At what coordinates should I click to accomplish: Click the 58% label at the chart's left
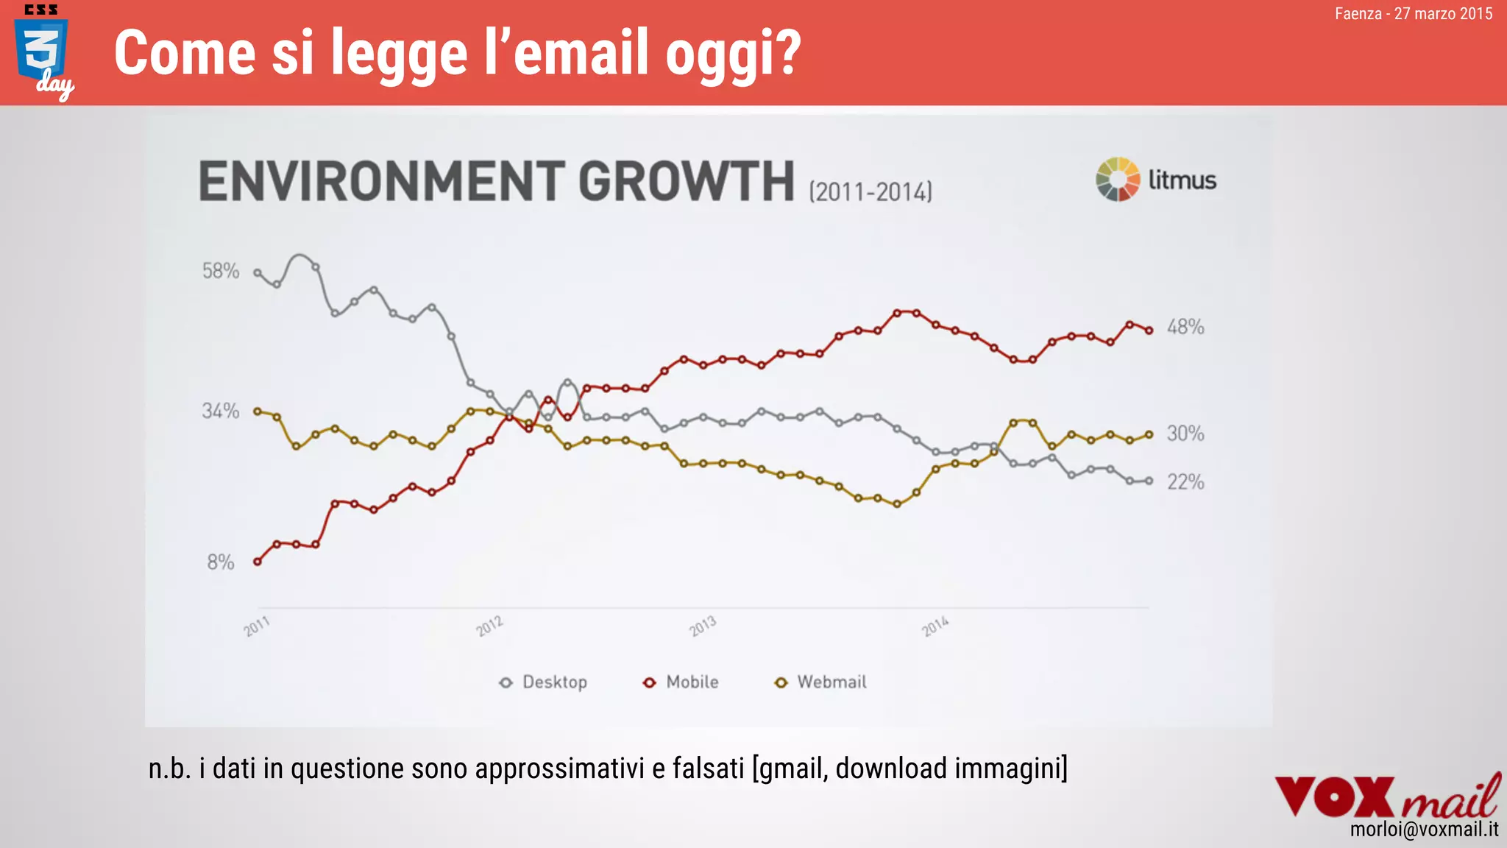221,271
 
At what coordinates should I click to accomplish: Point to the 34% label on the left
221,411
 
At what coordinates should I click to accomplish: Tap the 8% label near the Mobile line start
220,562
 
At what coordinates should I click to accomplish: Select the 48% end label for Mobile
1185,327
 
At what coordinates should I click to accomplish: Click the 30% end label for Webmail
1185,434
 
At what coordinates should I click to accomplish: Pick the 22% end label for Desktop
1185,482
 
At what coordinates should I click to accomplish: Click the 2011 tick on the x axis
257,626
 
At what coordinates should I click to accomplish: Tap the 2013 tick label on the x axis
702,626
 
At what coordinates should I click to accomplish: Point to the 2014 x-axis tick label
935,626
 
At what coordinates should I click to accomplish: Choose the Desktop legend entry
544,682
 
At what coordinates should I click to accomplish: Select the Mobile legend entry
681,682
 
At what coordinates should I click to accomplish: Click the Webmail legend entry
821,682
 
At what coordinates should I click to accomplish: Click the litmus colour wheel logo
1118,179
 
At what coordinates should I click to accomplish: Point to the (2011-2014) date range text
870,192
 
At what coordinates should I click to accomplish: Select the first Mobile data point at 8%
258,562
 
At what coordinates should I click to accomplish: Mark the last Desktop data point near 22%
1149,481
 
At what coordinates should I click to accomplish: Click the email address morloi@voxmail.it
1424,830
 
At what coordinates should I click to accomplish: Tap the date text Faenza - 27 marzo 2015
1413,13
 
